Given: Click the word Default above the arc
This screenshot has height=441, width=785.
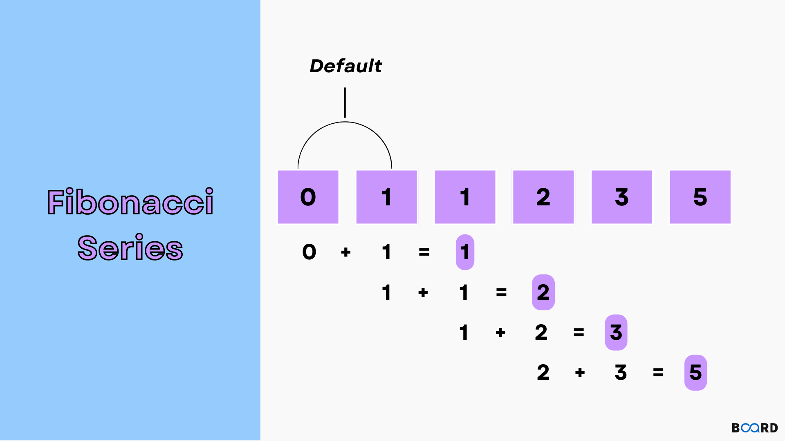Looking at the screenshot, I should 345,66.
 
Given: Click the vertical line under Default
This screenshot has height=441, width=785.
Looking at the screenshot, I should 345,102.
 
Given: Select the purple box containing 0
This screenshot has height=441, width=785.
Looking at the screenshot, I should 308,197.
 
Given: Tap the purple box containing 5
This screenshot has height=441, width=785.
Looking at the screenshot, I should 700,197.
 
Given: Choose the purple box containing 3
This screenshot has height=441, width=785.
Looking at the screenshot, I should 621,197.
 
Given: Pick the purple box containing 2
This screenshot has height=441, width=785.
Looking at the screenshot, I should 543,197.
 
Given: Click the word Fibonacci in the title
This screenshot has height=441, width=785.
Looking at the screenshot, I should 130,202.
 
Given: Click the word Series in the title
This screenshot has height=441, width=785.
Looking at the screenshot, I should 130,248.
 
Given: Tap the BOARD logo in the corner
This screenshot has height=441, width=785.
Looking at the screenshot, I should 754,428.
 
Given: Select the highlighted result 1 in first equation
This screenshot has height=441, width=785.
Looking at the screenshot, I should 465,252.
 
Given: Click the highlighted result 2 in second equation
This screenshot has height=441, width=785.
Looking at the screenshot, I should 543,292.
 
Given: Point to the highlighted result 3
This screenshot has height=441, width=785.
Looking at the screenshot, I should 616,332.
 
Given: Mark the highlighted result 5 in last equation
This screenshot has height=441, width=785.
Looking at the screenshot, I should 695,372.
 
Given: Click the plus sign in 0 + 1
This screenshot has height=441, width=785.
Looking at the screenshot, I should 346,252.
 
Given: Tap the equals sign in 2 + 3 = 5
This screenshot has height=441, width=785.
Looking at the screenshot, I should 658,372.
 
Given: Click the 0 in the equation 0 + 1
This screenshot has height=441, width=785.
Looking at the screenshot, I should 309,252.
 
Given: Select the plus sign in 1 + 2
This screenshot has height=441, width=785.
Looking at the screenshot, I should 500,333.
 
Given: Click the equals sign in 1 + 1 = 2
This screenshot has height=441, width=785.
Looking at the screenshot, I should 501,292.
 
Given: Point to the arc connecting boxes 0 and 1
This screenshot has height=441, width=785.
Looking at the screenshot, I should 345,122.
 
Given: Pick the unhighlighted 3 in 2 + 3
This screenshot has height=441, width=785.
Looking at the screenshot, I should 621,372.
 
